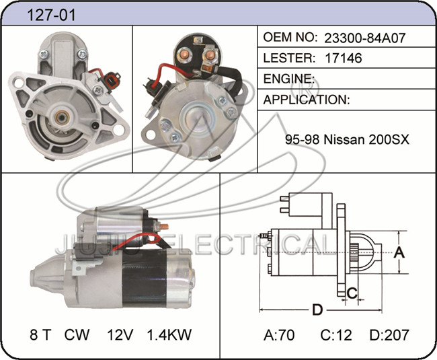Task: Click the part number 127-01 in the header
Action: [x=51, y=15]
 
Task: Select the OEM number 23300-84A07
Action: [x=364, y=38]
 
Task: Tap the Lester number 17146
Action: [x=344, y=58]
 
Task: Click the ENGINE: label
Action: [x=288, y=79]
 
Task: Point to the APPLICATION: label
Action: [x=307, y=100]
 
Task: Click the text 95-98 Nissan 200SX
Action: [x=347, y=139]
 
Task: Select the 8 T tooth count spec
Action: [x=41, y=334]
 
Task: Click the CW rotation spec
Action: [x=77, y=334]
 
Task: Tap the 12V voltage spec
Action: [x=120, y=334]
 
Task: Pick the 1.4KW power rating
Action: [x=169, y=334]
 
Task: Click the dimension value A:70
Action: [x=279, y=335]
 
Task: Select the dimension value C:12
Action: [x=336, y=335]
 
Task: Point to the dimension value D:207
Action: [x=389, y=335]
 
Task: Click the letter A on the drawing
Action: [x=399, y=252]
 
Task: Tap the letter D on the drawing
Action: [x=317, y=310]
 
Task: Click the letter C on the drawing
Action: [x=352, y=293]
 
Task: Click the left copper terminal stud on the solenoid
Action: [x=184, y=54]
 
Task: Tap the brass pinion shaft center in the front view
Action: [x=62, y=118]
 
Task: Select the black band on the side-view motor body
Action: [x=145, y=279]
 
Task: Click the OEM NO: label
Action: [x=290, y=37]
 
